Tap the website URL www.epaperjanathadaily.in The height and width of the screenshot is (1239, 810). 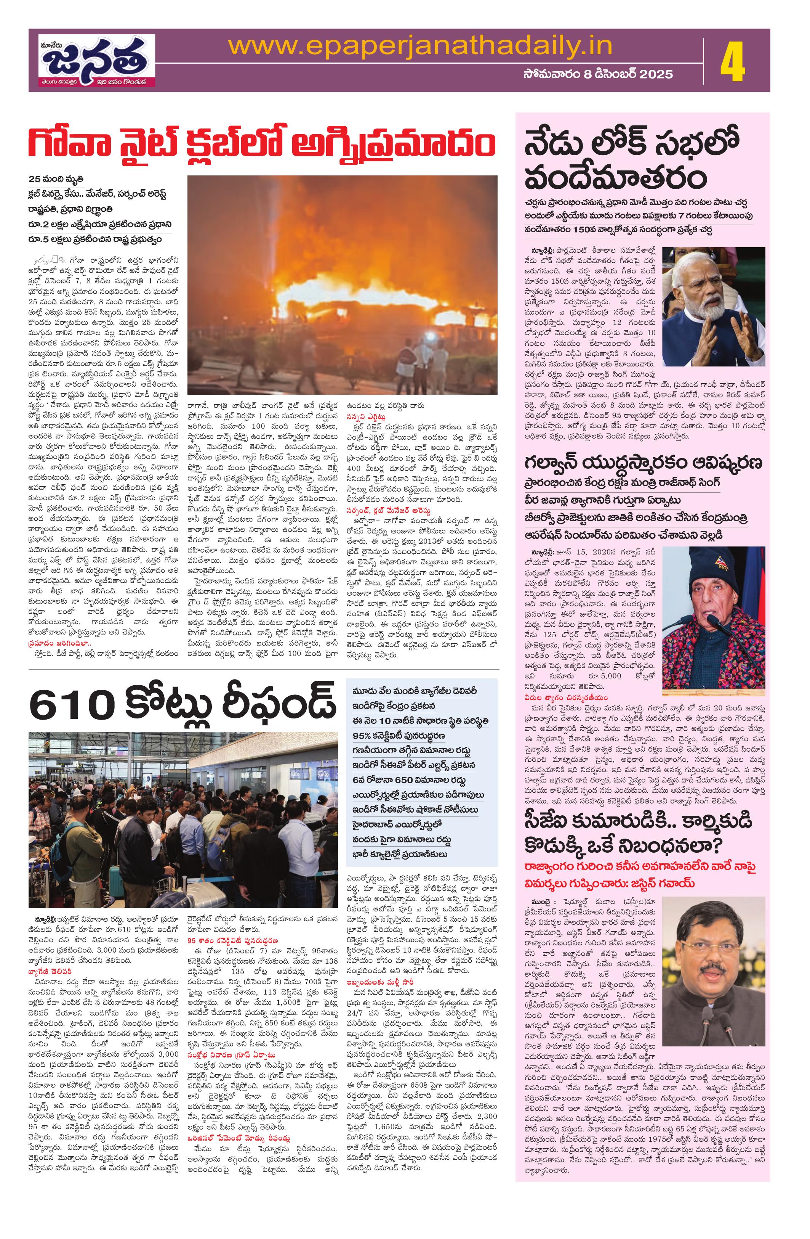420,47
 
